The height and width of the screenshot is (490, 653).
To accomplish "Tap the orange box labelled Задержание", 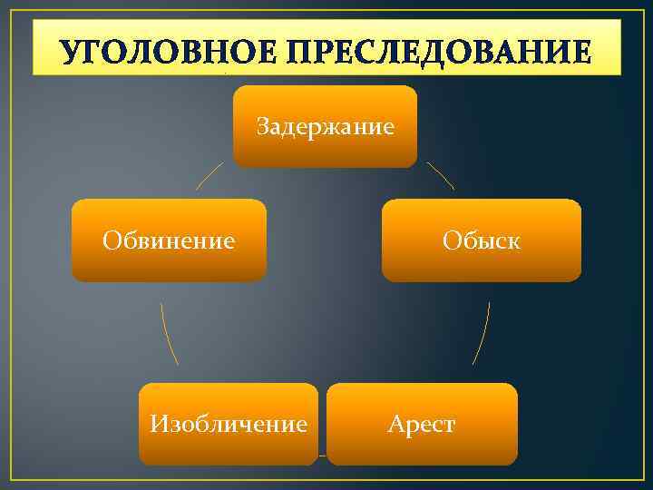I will pos(325,126).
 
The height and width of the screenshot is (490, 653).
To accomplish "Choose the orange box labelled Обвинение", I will pos(169,240).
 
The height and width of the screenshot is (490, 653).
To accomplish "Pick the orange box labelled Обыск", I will pos(481,240).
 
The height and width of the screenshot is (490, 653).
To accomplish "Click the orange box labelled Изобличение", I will pos(229,424).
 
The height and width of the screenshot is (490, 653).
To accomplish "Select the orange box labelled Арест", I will pos(422,424).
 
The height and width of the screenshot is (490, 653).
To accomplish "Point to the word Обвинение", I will pos(169,240).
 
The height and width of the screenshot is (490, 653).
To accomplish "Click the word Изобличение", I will pos(229,424).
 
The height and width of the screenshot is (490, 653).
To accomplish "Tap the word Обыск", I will pos(481,240).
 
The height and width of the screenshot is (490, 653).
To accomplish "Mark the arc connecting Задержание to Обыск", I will pos(441,175).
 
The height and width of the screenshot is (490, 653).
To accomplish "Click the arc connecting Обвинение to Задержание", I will pos(210,175).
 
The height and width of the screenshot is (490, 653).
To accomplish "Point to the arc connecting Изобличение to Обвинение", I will pos(168,333).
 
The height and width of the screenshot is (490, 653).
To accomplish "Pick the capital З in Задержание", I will pos(262,126).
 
